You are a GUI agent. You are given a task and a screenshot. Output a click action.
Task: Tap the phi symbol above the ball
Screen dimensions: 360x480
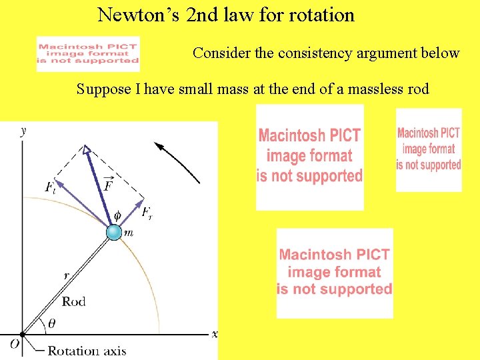[118, 215]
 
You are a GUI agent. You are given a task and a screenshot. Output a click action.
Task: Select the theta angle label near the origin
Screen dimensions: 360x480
[52, 324]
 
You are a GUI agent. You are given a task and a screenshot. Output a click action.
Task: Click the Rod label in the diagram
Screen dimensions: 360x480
[74, 301]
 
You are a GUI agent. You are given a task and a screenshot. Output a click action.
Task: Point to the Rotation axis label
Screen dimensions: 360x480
[87, 351]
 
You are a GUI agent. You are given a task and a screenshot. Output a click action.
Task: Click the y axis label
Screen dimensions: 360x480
[25, 131]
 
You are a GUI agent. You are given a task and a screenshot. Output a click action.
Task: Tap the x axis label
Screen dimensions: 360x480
[214, 333]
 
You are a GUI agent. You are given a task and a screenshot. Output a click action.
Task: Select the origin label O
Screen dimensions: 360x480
[13, 344]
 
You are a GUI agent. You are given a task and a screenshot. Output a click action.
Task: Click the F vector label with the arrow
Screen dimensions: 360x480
[108, 183]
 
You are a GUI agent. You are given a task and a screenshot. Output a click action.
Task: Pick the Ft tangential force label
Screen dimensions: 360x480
[51, 188]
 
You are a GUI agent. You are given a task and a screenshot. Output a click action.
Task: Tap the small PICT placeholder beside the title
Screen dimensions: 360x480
[88, 54]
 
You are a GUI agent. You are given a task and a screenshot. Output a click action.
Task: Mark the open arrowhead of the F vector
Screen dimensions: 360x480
[86, 151]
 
